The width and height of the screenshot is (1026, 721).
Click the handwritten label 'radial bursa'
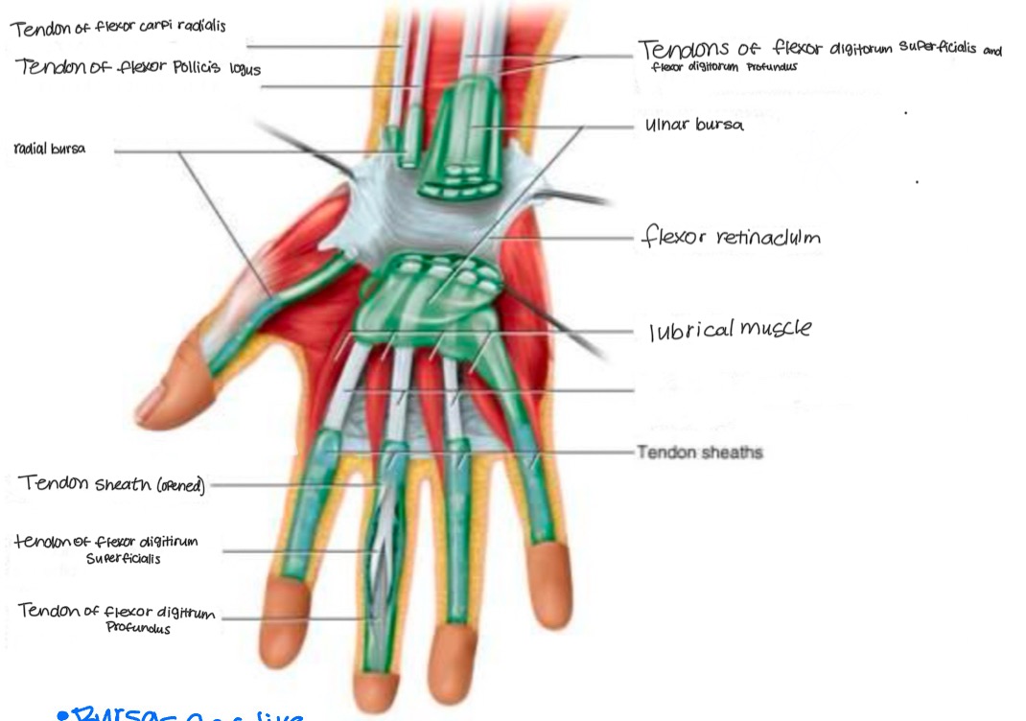[x=50, y=150]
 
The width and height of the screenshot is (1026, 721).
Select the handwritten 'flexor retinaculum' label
[x=730, y=237]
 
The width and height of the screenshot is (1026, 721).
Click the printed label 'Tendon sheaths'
[x=699, y=451]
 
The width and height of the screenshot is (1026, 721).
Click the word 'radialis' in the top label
[x=198, y=26]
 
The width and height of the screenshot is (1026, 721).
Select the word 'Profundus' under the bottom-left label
[x=139, y=629]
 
